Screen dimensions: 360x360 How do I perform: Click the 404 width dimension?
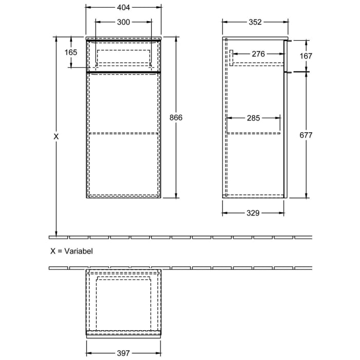(123, 8)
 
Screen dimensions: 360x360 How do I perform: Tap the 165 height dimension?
(70, 52)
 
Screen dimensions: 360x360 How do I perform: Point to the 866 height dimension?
(176, 117)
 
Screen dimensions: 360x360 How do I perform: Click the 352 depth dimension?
(255, 22)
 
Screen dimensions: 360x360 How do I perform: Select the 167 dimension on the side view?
(306, 56)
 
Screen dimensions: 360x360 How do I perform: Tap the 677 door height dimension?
(306, 135)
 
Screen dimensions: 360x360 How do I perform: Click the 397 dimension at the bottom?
(123, 353)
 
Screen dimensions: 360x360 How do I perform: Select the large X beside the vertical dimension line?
(56, 137)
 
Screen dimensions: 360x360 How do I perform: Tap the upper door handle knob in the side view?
(290, 40)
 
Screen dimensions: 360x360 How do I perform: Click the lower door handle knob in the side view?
(290, 73)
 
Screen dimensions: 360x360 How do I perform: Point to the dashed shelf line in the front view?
(123, 133)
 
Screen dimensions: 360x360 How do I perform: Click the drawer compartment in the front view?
(123, 54)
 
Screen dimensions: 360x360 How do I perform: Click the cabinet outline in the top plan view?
(123, 301)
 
